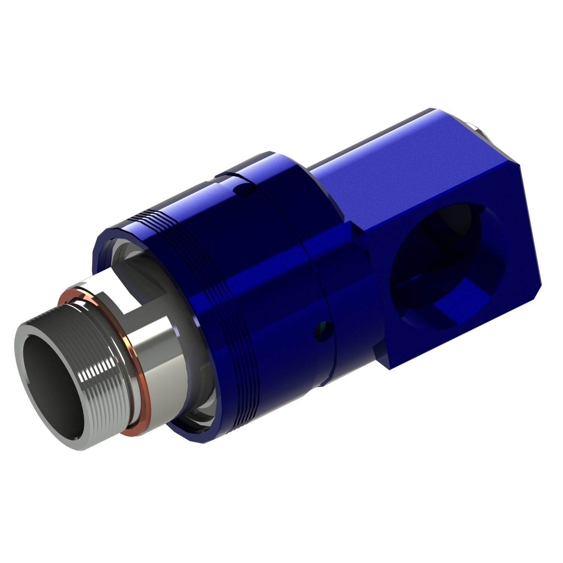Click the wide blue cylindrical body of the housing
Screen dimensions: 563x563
click(x=263, y=281)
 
